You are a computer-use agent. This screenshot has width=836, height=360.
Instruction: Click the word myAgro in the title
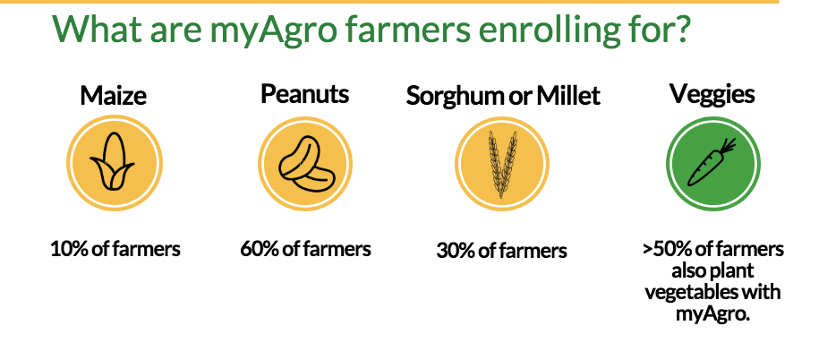(272, 31)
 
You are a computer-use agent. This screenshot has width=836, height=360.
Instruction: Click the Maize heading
(113, 96)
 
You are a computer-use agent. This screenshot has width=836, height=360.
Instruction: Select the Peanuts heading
(305, 94)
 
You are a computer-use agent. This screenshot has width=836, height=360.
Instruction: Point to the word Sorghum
(455, 97)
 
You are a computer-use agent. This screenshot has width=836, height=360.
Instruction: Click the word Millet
(568, 96)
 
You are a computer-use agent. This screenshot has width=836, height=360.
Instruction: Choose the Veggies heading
(712, 95)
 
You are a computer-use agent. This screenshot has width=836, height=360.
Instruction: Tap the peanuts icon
(306, 164)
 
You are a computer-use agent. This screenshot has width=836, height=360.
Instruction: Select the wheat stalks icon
(502, 164)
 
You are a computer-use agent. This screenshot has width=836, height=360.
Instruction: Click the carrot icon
(712, 162)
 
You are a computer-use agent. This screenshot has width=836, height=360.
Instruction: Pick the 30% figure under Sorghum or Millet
(456, 251)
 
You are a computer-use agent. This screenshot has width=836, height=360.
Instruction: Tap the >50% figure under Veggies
(665, 250)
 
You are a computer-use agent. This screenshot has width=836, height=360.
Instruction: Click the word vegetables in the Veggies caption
(689, 292)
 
